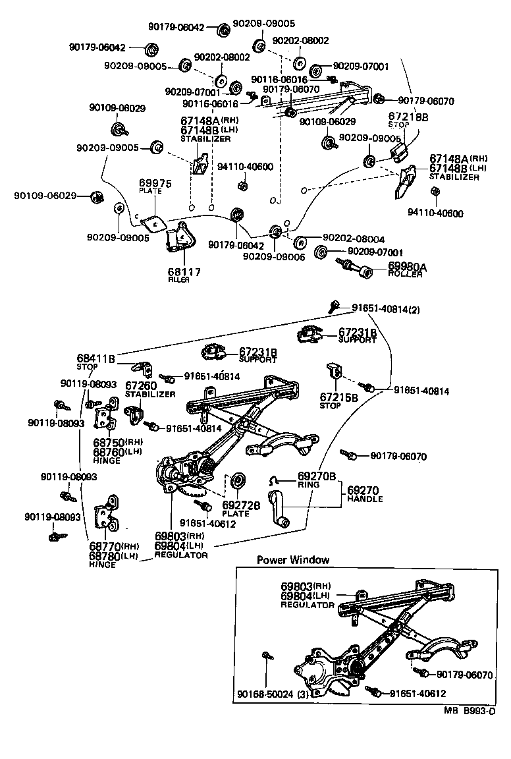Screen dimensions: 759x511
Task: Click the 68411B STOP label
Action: coord(96,360)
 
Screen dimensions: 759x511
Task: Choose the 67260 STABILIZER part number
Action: coord(141,385)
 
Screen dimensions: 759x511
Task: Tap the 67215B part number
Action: coord(339,397)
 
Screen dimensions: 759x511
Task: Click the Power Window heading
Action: coord(292,560)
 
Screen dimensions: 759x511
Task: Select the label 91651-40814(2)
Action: coord(385,308)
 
